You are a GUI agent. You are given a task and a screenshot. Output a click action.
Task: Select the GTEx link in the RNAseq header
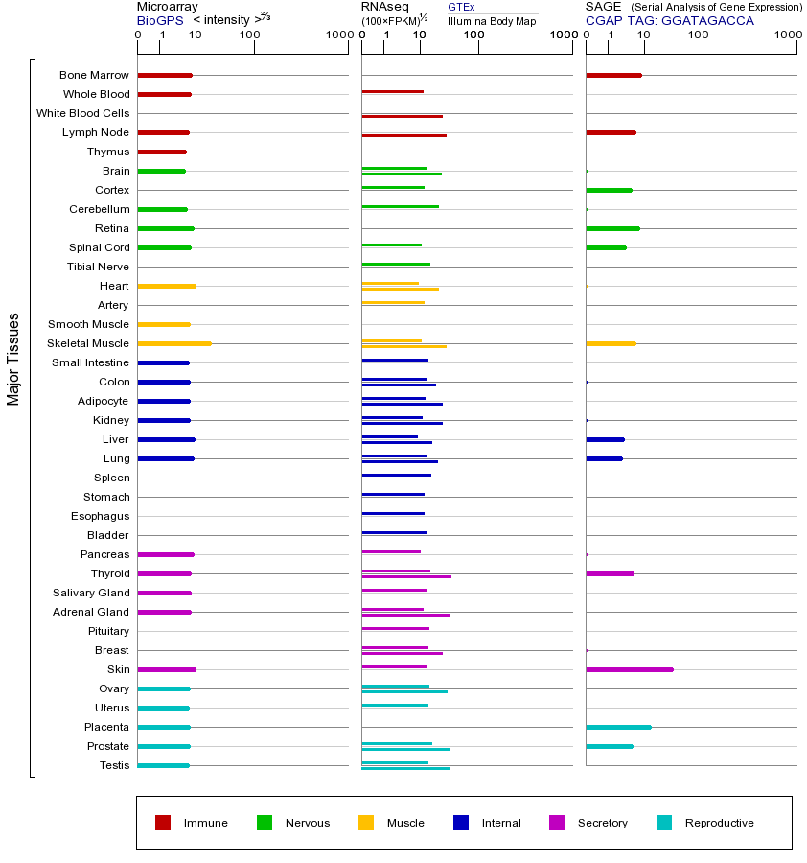pyautogui.click(x=461, y=7)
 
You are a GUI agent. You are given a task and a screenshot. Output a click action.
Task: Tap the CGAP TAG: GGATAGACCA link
pyautogui.click(x=669, y=20)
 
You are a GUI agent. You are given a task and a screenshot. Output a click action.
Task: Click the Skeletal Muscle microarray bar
pyautogui.click(x=173, y=343)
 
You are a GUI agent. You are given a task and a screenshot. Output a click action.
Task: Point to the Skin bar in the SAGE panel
pyautogui.click(x=629, y=669)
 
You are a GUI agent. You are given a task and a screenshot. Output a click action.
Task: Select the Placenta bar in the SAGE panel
pyautogui.click(x=618, y=727)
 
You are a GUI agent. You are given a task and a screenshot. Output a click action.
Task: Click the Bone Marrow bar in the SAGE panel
pyautogui.click(x=613, y=75)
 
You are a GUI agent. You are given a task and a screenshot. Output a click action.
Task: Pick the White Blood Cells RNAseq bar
pyautogui.click(x=402, y=116)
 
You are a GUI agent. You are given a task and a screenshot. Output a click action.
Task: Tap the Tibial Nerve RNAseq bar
pyautogui.click(x=396, y=264)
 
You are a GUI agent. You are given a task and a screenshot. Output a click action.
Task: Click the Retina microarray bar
pyautogui.click(x=166, y=228)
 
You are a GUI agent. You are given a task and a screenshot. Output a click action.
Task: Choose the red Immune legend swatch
pyautogui.click(x=163, y=823)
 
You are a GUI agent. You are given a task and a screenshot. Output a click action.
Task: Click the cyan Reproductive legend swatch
pyautogui.click(x=664, y=823)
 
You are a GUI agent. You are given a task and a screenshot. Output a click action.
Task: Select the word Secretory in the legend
pyautogui.click(x=602, y=823)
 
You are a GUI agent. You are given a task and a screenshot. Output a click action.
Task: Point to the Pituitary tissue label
pyautogui.click(x=107, y=631)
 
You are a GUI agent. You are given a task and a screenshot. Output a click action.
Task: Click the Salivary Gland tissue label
pyautogui.click(x=91, y=593)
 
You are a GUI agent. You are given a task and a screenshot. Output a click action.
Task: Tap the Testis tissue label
pyautogui.click(x=114, y=765)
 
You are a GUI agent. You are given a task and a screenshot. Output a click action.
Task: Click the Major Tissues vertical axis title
pyautogui.click(x=13, y=359)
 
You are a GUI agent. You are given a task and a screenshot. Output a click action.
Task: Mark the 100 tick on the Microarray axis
pyautogui.click(x=249, y=35)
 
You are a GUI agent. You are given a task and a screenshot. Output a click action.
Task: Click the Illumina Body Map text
pyautogui.click(x=492, y=20)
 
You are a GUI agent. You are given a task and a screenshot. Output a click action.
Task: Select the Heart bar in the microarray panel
pyautogui.click(x=167, y=286)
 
